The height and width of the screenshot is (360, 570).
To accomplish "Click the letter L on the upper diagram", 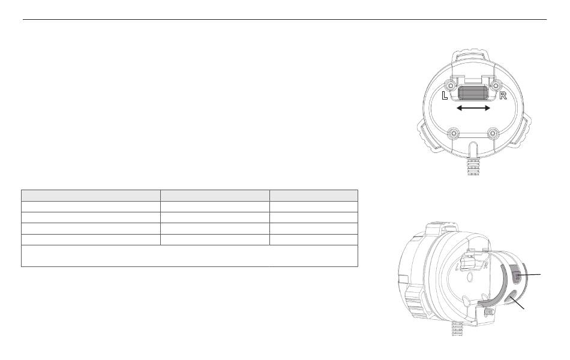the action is point(445,95).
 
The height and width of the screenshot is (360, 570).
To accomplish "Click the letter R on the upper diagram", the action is point(503,95).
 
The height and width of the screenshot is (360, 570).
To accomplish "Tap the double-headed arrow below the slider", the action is point(473,108).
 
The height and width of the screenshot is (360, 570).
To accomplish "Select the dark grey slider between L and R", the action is point(473,92).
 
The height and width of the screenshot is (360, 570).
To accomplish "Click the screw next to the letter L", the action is point(451,86).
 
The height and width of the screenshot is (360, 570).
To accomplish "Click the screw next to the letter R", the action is point(495,86).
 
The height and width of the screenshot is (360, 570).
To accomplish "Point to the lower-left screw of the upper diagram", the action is point(453,134).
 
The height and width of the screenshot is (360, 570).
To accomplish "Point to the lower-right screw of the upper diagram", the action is point(493,134).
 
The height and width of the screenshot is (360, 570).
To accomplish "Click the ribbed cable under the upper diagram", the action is point(473,166).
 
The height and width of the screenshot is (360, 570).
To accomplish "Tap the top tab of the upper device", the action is point(473,55).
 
